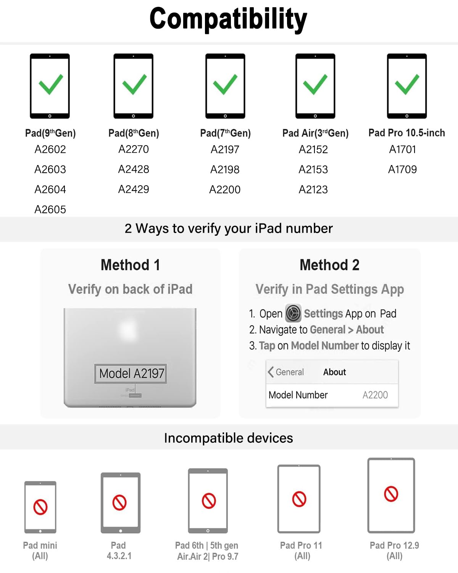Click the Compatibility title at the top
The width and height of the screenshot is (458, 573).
tap(228, 19)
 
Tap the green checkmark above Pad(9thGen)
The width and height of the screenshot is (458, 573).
tap(50, 84)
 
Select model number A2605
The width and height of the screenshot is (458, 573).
tap(50, 209)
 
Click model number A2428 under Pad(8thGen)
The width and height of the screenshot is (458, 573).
tap(134, 169)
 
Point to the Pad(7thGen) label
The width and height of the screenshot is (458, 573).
tap(225, 133)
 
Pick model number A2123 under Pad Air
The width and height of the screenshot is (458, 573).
tap(313, 189)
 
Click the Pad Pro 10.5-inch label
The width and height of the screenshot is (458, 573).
tap(406, 133)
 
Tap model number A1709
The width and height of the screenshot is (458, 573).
tap(402, 169)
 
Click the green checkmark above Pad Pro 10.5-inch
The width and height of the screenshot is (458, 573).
tap(407, 84)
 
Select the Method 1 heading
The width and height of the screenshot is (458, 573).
tap(130, 265)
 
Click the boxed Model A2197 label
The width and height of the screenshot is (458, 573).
tap(131, 373)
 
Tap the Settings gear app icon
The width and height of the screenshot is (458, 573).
tap(293, 313)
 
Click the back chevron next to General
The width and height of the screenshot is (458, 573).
tap(271, 372)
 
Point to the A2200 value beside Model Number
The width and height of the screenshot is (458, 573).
tap(375, 395)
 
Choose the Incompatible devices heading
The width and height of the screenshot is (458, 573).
tap(228, 438)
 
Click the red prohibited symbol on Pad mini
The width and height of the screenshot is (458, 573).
tap(40, 507)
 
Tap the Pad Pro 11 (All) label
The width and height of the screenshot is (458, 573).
tap(301, 550)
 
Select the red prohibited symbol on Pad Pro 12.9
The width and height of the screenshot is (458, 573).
tap(391, 494)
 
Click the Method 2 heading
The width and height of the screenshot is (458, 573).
tap(329, 265)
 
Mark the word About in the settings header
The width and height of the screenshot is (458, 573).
tap(334, 372)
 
